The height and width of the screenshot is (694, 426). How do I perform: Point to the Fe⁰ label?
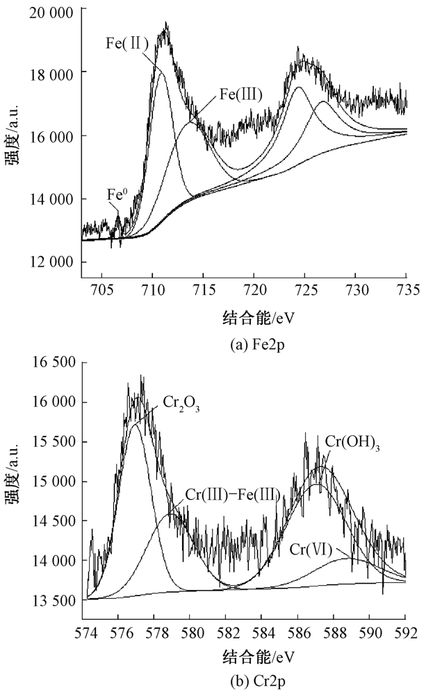(117, 194)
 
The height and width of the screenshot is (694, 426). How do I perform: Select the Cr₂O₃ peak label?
(181, 403)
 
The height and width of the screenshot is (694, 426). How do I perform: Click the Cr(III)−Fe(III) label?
(233, 495)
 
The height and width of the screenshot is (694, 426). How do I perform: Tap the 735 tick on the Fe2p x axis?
(406, 289)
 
